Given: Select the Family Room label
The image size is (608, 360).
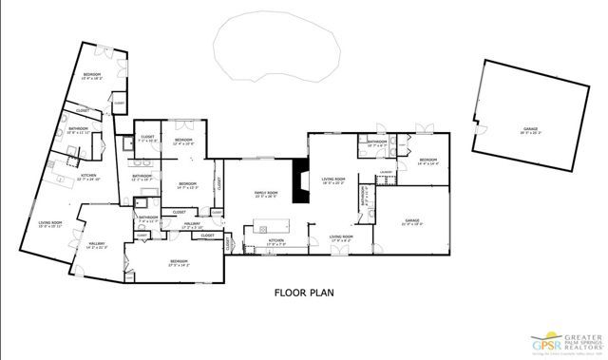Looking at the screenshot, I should click(265, 195).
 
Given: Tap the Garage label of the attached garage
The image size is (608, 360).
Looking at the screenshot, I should click(411, 223).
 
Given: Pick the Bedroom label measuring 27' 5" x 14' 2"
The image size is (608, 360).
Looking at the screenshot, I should click(179, 262).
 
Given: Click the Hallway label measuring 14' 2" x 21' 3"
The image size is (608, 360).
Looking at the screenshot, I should click(97, 245).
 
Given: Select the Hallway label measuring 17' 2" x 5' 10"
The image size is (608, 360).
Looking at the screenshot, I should click(193, 224).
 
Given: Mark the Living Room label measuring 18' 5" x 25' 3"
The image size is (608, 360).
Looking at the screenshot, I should click(332, 180).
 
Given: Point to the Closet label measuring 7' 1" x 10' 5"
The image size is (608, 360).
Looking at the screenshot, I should click(147, 138).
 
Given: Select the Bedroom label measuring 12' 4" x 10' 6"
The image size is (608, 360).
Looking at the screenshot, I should click(183, 142).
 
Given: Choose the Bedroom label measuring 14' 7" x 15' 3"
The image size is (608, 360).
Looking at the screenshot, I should click(187, 185).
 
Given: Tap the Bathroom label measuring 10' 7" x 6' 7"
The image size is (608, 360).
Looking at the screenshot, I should click(377, 143).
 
